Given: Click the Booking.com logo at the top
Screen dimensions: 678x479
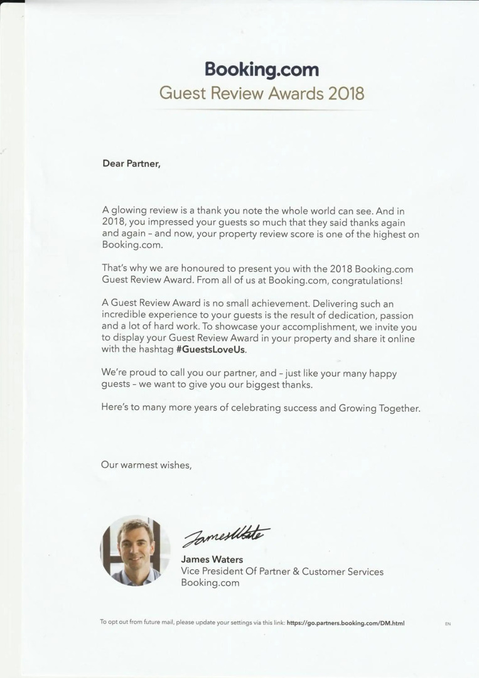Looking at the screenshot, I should point(261,69).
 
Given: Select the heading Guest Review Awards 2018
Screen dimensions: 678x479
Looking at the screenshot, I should point(261,94).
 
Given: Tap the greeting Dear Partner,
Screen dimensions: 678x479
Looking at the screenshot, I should point(131,164).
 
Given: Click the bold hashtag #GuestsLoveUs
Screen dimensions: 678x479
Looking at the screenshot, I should point(211,350).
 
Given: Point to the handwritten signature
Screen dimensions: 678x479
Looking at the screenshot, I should point(225,535).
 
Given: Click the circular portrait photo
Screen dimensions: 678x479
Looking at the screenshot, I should point(136,551).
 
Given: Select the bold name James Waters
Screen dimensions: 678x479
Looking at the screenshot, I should point(212,559).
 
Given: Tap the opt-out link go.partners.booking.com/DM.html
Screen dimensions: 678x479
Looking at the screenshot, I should point(345,623).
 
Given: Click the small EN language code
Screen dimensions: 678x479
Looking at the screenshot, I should point(448,624).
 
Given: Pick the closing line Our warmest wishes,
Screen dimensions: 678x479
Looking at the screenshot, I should point(146,465).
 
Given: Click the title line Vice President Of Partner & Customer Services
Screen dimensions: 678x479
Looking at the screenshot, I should point(282,571).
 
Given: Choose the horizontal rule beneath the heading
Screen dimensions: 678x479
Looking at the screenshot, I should point(261,109).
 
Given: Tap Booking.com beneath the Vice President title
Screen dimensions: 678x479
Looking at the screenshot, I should point(210,583).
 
